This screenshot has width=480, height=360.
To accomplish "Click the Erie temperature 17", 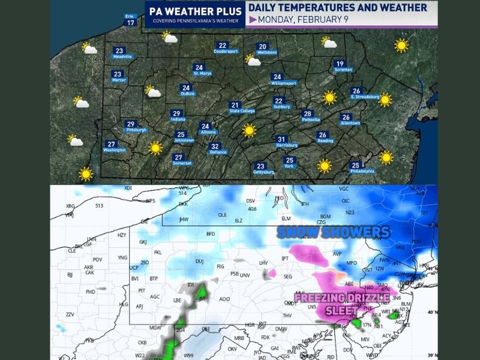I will [130, 23].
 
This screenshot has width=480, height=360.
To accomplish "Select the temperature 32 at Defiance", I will [214, 146].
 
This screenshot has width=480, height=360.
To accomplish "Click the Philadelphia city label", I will [362, 171].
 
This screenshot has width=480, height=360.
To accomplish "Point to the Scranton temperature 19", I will [340, 64].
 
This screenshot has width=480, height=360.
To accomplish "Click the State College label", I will [243, 111].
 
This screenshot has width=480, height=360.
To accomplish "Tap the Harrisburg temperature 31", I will [281, 140].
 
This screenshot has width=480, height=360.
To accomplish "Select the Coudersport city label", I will [226, 52].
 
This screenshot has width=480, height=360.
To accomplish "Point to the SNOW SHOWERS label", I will [334, 232].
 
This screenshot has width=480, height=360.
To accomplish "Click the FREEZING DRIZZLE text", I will [343, 298].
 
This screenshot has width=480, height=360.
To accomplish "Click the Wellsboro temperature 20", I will [263, 46].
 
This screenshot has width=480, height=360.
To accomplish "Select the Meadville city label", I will [122, 57].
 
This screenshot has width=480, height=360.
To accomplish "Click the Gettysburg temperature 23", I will [260, 166].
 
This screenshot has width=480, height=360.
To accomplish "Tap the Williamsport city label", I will [284, 83].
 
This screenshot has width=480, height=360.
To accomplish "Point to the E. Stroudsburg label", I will [365, 97].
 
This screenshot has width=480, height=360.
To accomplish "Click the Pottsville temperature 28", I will [307, 114].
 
